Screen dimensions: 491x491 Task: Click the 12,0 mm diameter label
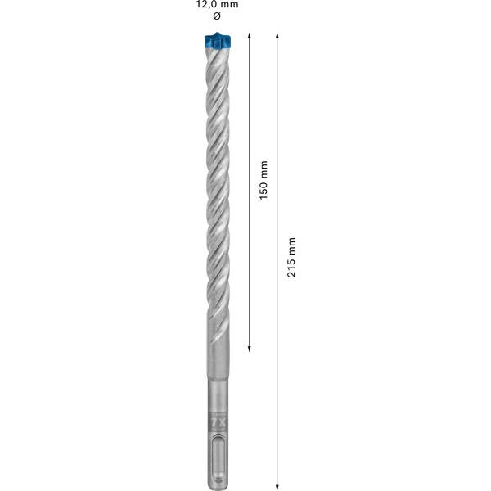coord(217,5)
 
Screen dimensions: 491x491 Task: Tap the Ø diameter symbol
coord(216,17)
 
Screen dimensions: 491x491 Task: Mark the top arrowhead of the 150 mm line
coord(250,37)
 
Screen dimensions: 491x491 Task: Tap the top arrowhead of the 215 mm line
coord(278,37)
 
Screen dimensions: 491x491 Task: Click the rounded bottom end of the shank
coord(216,484)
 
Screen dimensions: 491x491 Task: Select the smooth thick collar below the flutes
coord(216,364)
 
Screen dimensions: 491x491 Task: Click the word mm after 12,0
coord(229,5)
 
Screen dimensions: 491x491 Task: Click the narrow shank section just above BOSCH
coord(216,397)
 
